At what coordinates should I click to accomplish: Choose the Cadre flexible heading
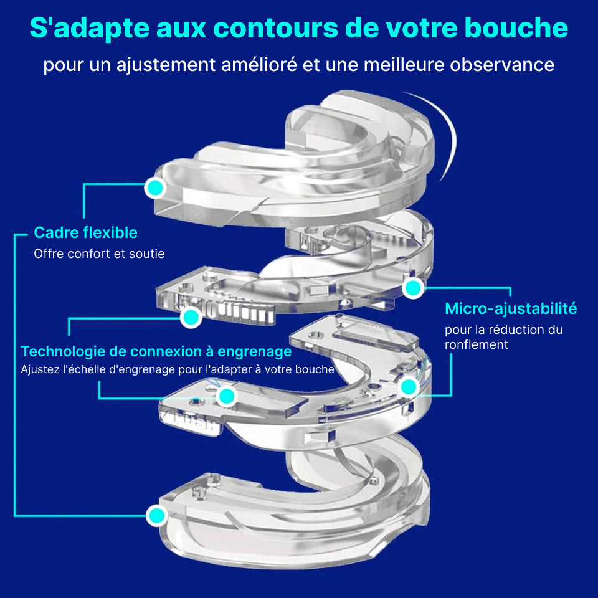(85, 233)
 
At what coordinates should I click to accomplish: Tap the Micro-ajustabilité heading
(511, 308)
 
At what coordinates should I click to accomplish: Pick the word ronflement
(477, 344)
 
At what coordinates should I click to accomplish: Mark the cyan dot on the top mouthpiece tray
(154, 187)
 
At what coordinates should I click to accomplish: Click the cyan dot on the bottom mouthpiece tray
(156, 516)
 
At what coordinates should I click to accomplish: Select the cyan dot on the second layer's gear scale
(191, 318)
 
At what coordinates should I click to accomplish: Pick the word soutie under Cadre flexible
(149, 254)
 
